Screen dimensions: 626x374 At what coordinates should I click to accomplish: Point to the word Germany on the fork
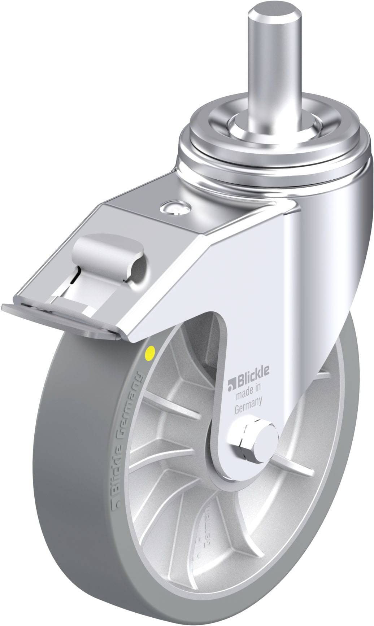(248, 401)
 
